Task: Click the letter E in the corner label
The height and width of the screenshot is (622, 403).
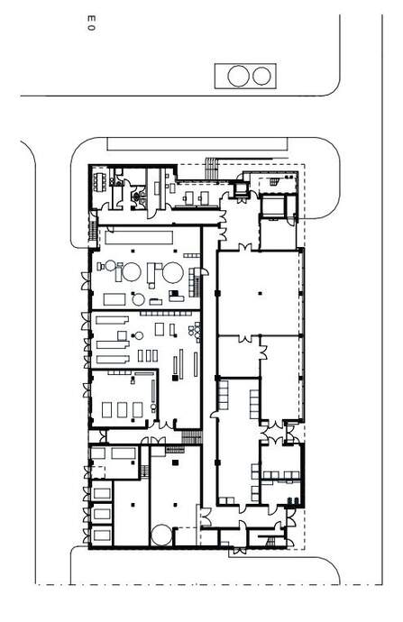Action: coord(88,17)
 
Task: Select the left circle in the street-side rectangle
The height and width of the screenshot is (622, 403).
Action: coord(239,76)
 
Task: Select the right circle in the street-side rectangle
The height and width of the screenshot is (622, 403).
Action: coord(261,76)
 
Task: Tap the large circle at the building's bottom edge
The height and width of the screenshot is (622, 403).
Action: coord(162,535)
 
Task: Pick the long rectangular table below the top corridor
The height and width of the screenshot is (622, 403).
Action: coord(139,236)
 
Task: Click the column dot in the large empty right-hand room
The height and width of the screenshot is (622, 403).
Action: coord(259,293)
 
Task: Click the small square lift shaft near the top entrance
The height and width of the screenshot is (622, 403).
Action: coord(242,189)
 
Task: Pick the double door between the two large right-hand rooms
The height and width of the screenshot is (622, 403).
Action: coord(259,337)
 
